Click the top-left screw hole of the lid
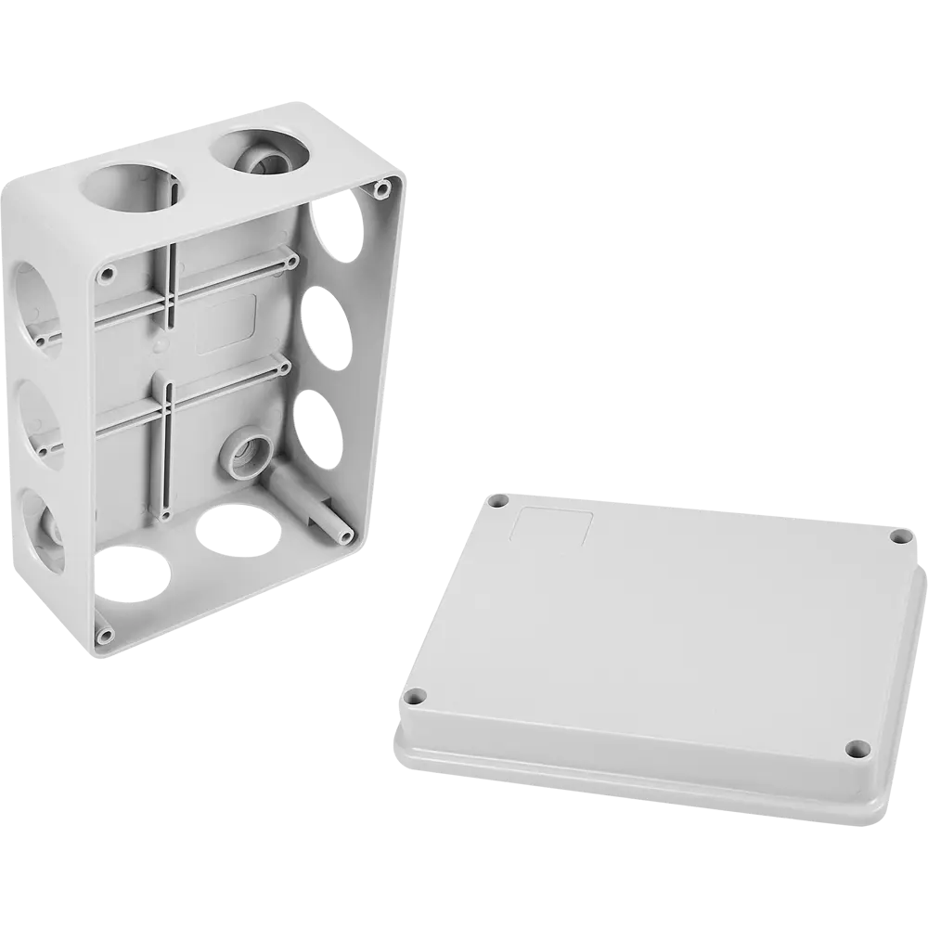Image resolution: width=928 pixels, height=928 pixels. click(501, 502)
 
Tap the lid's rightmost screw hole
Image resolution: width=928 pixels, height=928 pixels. click(898, 536)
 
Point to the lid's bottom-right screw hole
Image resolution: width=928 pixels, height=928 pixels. click(856, 747)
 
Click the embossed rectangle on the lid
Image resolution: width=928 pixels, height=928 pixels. click(554, 526)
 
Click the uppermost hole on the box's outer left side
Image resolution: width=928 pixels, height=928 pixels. click(34, 297)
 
